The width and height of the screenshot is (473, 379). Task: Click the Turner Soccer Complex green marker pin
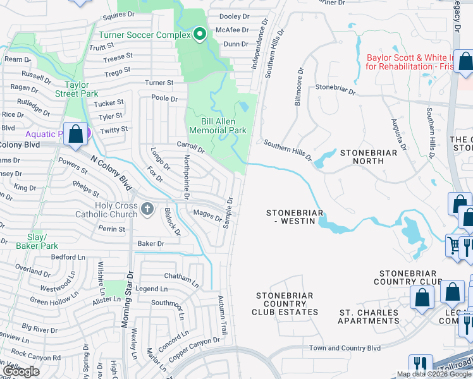click(x=200, y=34)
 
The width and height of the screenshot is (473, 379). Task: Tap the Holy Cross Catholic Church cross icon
click(x=147, y=208)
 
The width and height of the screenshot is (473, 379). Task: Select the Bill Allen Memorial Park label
click(x=214, y=124)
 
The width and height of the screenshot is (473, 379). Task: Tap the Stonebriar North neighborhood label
click(x=369, y=157)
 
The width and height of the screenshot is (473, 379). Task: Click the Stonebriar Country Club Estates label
click(x=286, y=304)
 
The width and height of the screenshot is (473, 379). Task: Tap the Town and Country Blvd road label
click(x=345, y=348)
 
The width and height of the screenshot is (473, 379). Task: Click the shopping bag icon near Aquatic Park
click(x=76, y=135)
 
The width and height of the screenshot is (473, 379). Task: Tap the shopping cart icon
click(x=454, y=245)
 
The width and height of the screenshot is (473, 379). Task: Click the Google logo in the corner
click(x=21, y=371)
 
